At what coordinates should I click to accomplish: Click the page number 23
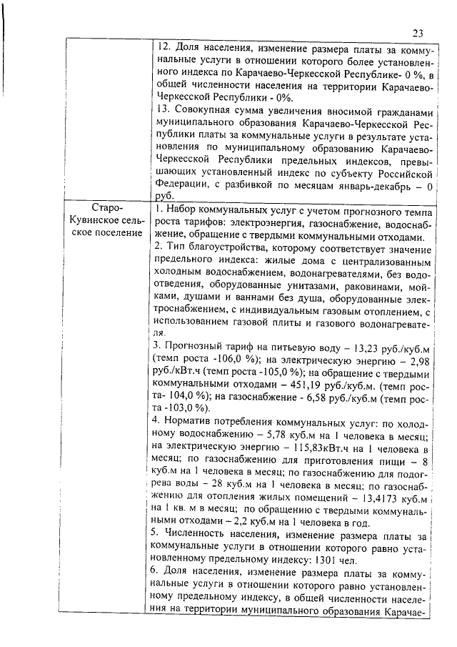[418, 32]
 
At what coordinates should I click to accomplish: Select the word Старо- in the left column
[109, 208]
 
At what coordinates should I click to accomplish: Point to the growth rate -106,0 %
[211, 359]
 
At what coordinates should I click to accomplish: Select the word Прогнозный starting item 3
[198, 345]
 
